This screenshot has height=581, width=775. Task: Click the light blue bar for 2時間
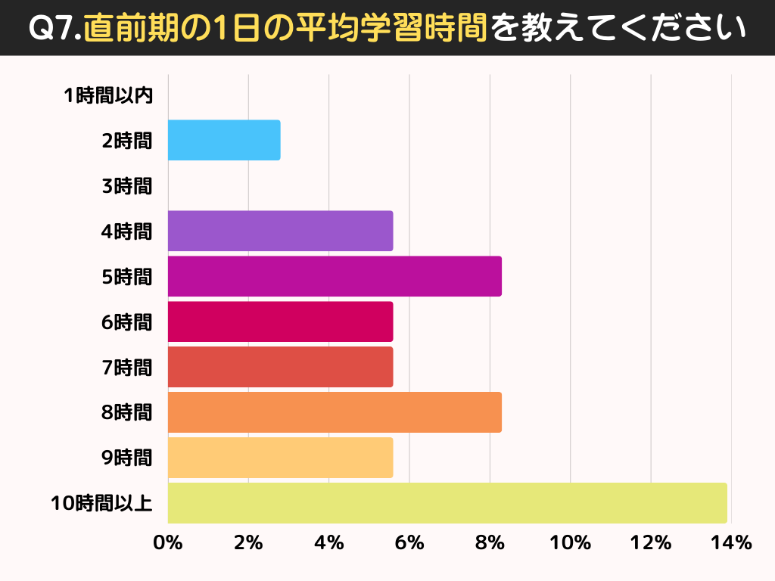pyautogui.click(x=224, y=140)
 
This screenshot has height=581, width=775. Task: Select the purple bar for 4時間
pyautogui.click(x=280, y=231)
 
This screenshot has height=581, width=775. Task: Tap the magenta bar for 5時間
pyautogui.click(x=335, y=276)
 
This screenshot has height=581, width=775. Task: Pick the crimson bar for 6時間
pyautogui.click(x=280, y=322)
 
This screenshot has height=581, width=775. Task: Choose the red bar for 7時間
pyautogui.click(x=280, y=367)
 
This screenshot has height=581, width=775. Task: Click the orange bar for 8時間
pyautogui.click(x=335, y=412)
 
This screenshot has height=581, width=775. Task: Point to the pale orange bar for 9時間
pyautogui.click(x=280, y=458)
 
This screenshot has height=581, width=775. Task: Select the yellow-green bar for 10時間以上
pyautogui.click(x=447, y=503)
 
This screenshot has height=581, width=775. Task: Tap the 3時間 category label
pyautogui.click(x=126, y=186)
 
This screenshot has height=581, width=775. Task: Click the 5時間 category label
pyautogui.click(x=126, y=277)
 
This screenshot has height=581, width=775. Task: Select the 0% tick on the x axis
pyautogui.click(x=167, y=542)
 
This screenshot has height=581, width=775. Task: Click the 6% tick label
pyautogui.click(x=409, y=542)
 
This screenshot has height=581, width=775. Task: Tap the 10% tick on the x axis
pyautogui.click(x=570, y=542)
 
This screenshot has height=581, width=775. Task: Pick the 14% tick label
pyautogui.click(x=731, y=542)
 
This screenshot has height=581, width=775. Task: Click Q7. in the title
pyautogui.click(x=54, y=29)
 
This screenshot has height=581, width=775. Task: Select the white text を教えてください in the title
pyautogui.click(x=618, y=29)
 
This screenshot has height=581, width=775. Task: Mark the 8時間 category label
pyautogui.click(x=126, y=413)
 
